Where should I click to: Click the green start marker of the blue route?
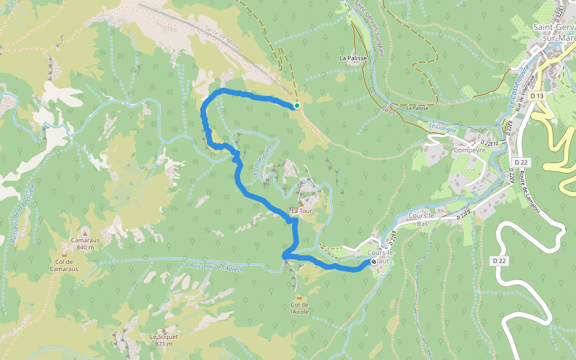pos(296,106)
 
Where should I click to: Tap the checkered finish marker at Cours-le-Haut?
pos(374,262)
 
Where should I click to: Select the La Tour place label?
pos(301,211)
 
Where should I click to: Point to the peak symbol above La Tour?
pos(301,204)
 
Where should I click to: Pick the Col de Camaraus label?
pos(64,265)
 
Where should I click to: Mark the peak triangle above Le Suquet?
pos(164,330)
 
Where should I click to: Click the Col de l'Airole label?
pos(299,308)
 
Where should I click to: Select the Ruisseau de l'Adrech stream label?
pos(216,268)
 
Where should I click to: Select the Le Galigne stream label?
pos(443,128)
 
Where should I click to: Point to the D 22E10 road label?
pos(490,142)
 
